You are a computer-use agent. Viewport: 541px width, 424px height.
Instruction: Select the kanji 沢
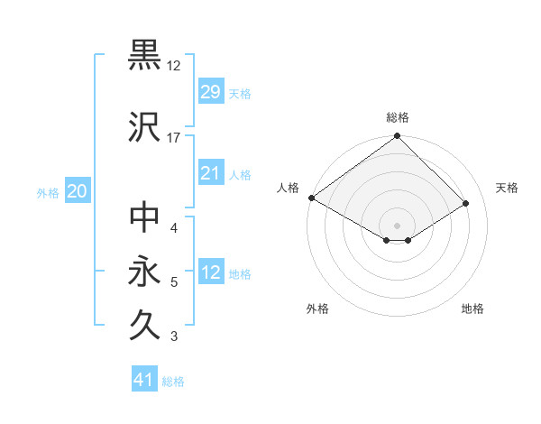pos(145,125)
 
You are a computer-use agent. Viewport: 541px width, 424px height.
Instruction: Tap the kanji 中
pos(145,217)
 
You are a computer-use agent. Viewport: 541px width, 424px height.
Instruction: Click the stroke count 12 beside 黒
pos(174,66)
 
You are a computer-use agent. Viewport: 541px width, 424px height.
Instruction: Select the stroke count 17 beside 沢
pos(174,137)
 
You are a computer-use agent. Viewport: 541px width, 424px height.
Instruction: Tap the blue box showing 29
pos(210,92)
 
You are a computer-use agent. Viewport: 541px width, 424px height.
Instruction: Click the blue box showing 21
pos(210,173)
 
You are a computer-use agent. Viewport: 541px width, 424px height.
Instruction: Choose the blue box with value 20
pos(77,191)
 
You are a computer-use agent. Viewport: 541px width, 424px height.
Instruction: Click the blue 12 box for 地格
pos(210,272)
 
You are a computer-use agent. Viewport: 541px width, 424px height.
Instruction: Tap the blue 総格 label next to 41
pos(173,382)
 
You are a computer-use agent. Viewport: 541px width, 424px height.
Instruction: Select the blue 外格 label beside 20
pos(48,192)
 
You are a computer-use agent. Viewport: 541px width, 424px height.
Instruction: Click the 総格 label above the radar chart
pos(398,117)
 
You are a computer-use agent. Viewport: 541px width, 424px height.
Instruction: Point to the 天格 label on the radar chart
pos(508,188)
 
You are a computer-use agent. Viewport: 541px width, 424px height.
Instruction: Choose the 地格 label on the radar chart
pos(472,309)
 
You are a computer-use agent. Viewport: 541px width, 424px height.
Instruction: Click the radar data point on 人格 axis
pos(311,198)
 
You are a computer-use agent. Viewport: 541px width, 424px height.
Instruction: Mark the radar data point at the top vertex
pos(397,137)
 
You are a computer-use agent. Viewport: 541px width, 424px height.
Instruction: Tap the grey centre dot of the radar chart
pos(397,224)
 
